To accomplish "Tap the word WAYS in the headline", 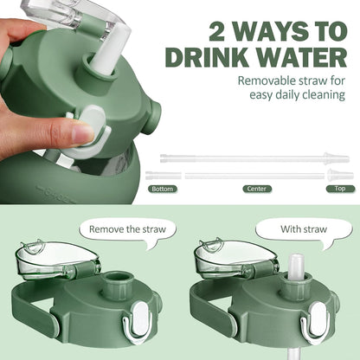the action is tap(274, 31).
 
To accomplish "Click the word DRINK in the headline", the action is tap(207, 57).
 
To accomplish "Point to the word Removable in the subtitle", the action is tap(267, 80).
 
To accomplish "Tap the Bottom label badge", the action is tap(163, 189).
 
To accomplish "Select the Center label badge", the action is tap(257, 189).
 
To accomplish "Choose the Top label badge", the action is tap(340, 189).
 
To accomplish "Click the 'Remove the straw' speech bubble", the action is tap(127, 230).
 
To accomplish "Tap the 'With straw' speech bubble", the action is tap(304, 230).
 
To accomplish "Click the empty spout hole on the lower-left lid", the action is tap(117, 277).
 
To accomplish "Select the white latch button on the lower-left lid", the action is tap(142, 318).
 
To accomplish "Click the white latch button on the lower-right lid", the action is tap(318, 318).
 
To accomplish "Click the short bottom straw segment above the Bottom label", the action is tap(164, 176).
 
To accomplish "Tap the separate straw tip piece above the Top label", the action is tap(340, 175).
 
